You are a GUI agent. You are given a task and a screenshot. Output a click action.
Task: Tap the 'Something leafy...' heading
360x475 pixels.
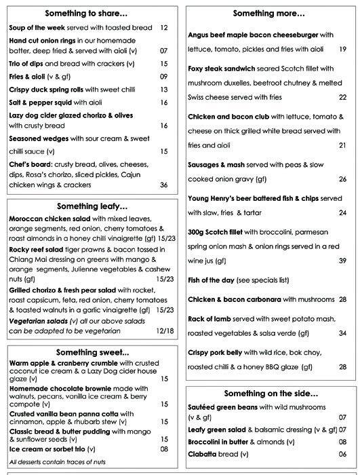click(92, 206)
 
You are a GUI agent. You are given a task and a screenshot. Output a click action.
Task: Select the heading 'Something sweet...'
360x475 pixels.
click(92, 352)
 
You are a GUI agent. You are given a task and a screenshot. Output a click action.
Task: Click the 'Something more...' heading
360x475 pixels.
click(269, 13)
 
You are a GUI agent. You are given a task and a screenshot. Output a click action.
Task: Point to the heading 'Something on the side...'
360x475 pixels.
click(270, 393)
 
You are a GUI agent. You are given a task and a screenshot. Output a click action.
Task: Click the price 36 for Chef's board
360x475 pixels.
click(163, 185)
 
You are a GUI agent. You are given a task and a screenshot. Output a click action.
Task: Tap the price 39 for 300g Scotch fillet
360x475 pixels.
click(342, 261)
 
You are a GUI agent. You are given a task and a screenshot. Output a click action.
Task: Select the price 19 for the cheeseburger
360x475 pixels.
click(342, 49)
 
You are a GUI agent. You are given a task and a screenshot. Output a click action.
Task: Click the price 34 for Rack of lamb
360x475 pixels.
click(342, 333)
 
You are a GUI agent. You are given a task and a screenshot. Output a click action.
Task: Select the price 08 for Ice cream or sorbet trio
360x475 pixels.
click(164, 449)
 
